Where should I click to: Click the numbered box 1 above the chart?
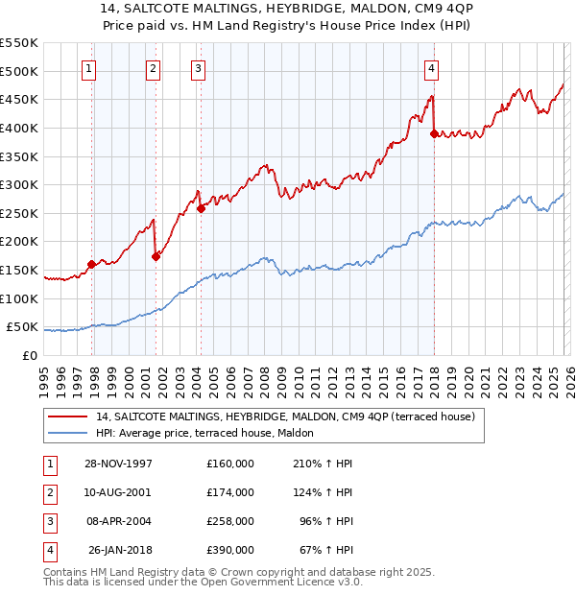(x=89, y=68)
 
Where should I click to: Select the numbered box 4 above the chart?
(x=432, y=68)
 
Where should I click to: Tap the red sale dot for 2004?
(x=201, y=208)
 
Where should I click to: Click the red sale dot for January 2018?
(x=434, y=134)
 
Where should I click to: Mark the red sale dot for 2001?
(x=156, y=256)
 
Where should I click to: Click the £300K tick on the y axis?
(x=19, y=184)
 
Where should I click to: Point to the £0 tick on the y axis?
(x=31, y=355)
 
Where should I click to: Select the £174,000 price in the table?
(x=229, y=492)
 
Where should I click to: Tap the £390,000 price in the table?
(x=229, y=550)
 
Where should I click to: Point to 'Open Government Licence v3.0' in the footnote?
(x=278, y=582)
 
